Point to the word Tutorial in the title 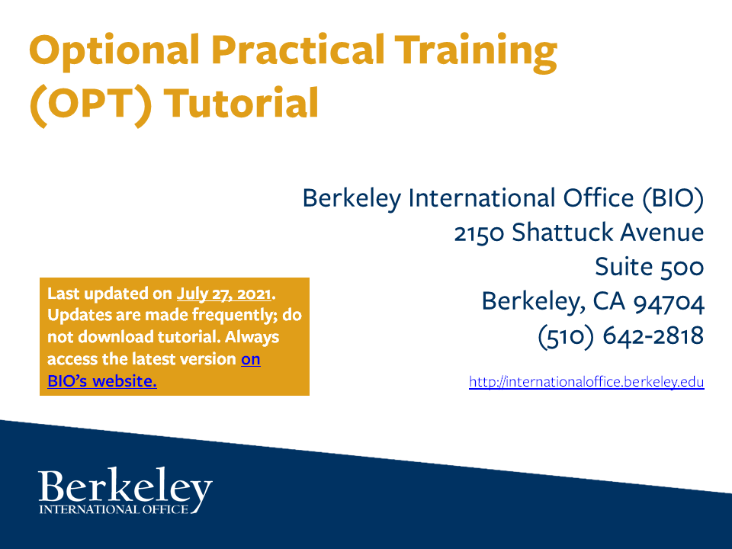pos(240,104)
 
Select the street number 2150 pos(479,233)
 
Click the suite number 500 pos(679,267)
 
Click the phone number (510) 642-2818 pos(621,335)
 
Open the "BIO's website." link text pos(101,380)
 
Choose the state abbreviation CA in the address pos(605,301)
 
